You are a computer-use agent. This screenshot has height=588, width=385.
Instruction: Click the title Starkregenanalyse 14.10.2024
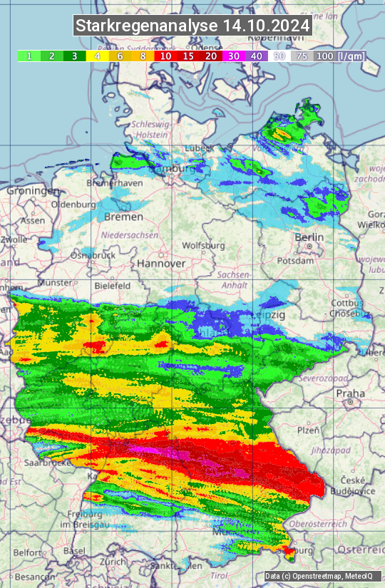192,26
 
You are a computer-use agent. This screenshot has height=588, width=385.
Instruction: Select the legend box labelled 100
324,56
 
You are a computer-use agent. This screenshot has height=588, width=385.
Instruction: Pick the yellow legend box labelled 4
96,56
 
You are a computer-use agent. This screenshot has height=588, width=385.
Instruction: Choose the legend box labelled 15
188,56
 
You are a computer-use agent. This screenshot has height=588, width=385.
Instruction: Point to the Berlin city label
309,237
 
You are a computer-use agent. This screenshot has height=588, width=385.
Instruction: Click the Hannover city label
161,263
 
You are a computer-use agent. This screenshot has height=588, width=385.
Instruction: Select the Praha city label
351,393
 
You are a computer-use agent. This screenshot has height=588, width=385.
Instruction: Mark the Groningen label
34,191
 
